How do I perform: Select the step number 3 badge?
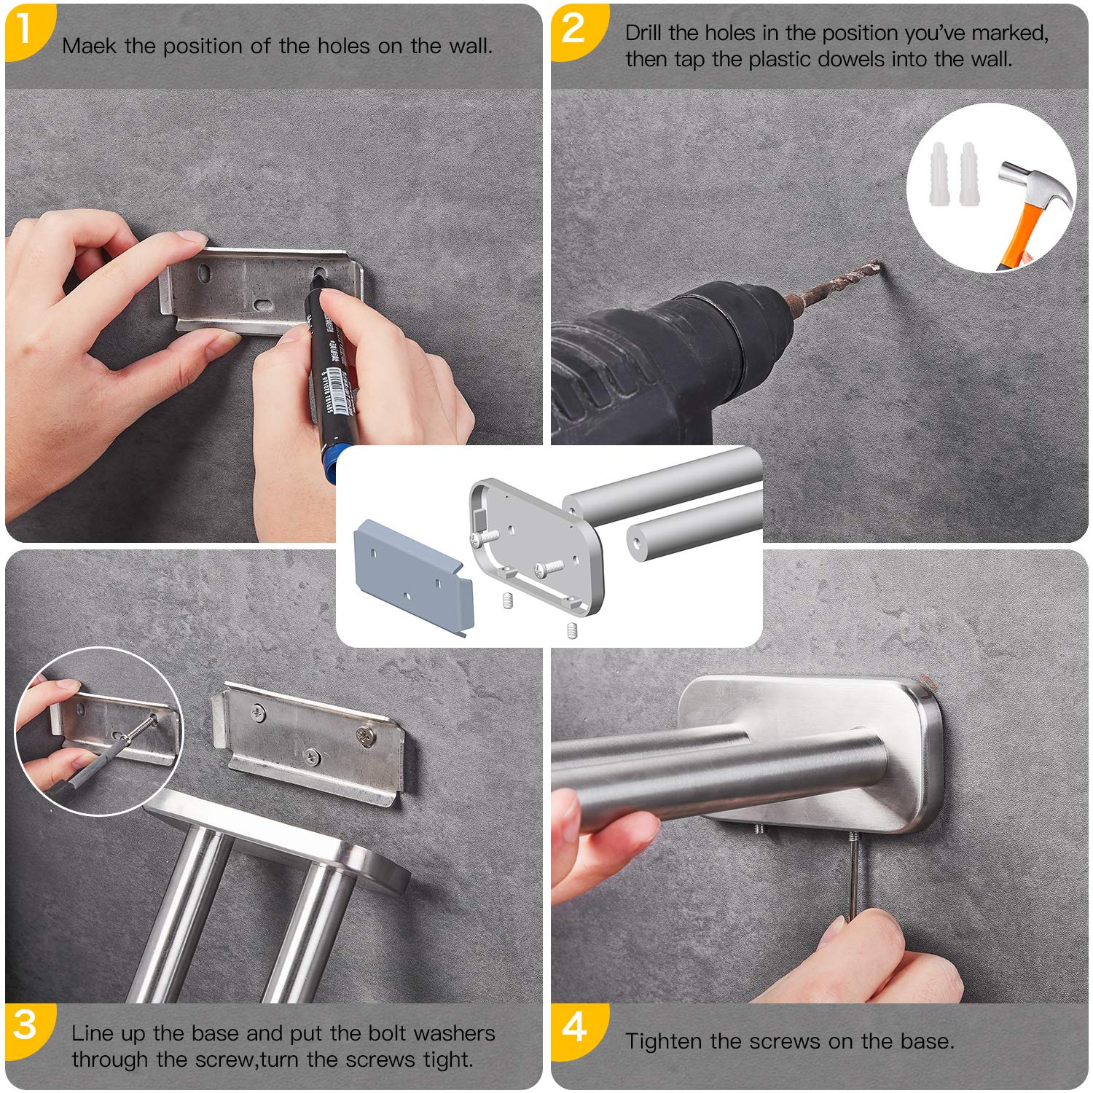[26, 1026]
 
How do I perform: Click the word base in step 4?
[925, 1041]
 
